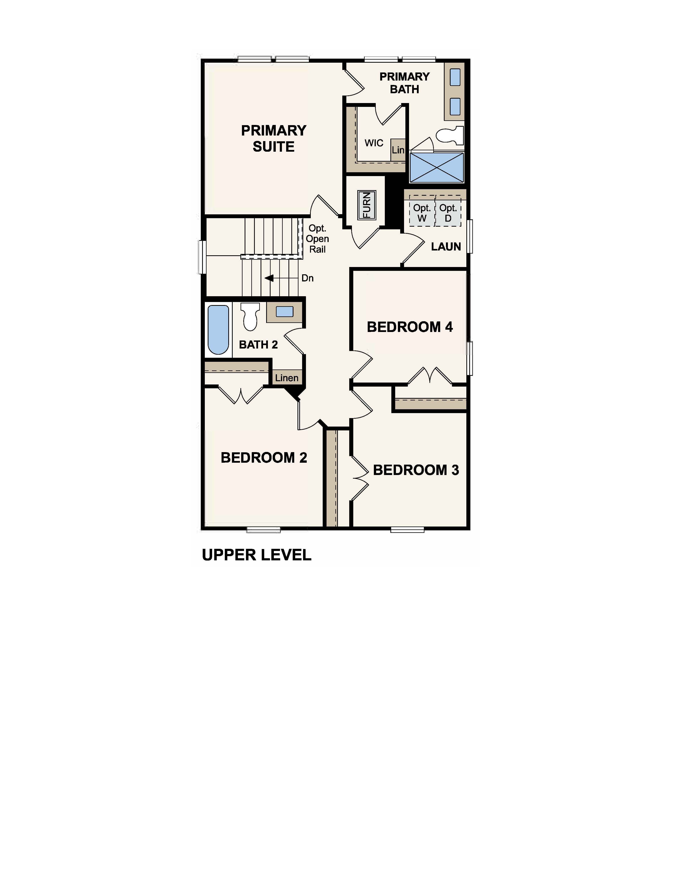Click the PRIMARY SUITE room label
pos(273,138)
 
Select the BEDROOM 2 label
pos(264,458)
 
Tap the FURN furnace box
pos(367,205)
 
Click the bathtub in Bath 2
pos(218,329)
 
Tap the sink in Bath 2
pos(284,312)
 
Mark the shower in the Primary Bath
pos(437,167)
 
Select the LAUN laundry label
pos(446,247)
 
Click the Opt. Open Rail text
pos(317,239)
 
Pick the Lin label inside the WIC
pos(398,150)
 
